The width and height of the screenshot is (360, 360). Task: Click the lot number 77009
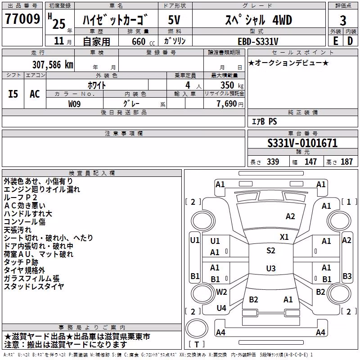(x=22, y=19)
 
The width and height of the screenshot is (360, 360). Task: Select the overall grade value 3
(x=343, y=20)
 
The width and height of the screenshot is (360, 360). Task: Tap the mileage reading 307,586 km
(x=53, y=65)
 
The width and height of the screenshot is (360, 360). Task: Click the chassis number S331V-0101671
(x=302, y=143)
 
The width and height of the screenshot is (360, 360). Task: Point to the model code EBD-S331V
(x=258, y=41)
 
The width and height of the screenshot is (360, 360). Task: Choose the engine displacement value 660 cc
(x=143, y=41)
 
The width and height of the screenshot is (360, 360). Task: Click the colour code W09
(x=74, y=104)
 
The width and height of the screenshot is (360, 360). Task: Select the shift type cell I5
(x=13, y=94)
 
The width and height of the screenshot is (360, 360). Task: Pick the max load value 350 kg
(x=232, y=85)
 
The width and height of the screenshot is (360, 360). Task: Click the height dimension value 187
(x=346, y=162)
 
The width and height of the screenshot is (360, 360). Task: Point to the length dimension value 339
(x=273, y=162)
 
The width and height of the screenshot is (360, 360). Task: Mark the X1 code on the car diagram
(x=284, y=237)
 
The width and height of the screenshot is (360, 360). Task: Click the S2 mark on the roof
(x=271, y=250)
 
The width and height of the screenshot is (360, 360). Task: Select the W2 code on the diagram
(x=221, y=292)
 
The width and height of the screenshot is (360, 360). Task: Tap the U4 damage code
(x=221, y=308)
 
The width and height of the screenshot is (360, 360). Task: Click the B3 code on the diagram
(x=347, y=276)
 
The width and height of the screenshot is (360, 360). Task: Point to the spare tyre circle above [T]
(x=197, y=328)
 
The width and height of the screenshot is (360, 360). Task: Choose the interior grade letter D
(x=350, y=41)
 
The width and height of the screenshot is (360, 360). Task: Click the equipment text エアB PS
(x=265, y=121)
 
